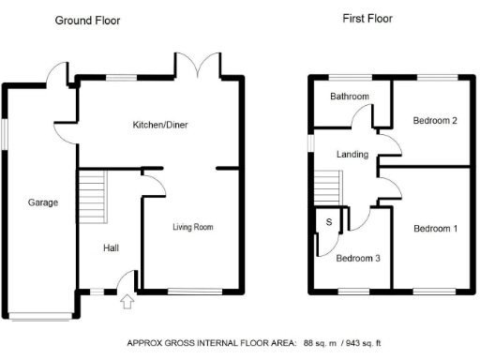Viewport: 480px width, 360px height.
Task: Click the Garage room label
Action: tap(43, 202)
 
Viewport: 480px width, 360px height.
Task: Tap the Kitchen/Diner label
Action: tap(161, 124)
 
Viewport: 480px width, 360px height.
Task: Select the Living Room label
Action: tap(193, 227)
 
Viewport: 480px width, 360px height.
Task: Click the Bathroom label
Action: tap(349, 97)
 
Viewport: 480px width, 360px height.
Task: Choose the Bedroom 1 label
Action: tap(436, 229)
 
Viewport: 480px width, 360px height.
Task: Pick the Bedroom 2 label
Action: tap(434, 120)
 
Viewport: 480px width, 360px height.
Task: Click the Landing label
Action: tap(352, 155)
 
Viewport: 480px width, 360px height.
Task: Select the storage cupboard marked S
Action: tap(330, 221)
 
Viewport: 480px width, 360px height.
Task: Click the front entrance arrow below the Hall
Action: tap(127, 302)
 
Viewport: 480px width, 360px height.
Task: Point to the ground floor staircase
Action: tap(92, 194)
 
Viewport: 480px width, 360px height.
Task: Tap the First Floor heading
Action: tap(367, 18)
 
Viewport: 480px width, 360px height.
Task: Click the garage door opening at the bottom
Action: tap(39, 314)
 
